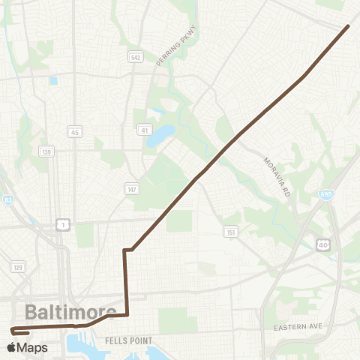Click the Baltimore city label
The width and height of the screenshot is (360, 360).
pos(70,312)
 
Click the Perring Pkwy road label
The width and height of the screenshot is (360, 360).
pos(165,52)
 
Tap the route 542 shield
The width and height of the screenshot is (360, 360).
pos(135,57)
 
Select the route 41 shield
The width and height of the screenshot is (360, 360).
pos(143,130)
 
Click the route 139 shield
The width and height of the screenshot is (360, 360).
pos(46,151)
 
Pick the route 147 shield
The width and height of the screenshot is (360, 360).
pos(131,190)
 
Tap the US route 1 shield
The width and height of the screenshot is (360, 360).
pos(63,224)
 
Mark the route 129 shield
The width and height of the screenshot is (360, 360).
pos(17,266)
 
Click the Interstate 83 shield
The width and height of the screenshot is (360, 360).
pos(7,200)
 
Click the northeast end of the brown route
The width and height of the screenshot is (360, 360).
pos(348,26)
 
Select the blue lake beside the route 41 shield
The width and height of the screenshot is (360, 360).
pos(160,136)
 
